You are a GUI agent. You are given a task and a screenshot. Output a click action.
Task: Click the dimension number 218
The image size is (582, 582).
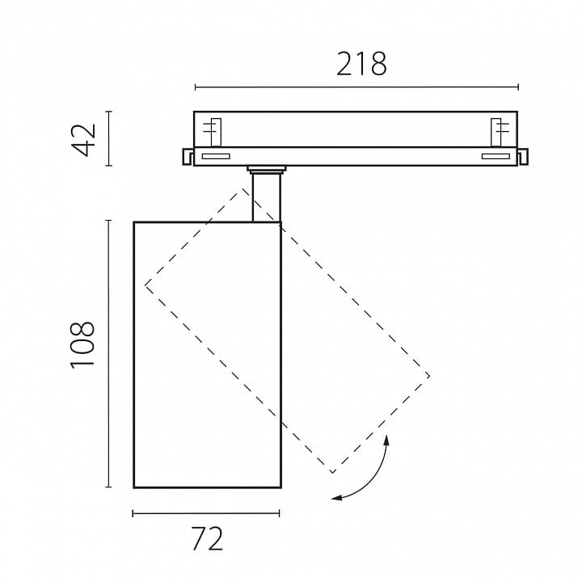pos(361,64)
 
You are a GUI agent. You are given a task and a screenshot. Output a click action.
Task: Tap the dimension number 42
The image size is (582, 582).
pos(84,140)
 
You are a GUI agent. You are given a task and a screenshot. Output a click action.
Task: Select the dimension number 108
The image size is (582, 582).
pos(82,345)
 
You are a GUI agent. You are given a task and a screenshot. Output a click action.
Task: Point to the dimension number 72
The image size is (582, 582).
pos(208,538)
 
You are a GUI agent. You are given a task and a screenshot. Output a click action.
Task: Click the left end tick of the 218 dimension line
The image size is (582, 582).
pos(196,87)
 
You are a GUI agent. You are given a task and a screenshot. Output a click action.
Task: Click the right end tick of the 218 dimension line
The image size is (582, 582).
pos(518,87)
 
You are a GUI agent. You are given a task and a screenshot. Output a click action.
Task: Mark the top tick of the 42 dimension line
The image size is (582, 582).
pos(109,112)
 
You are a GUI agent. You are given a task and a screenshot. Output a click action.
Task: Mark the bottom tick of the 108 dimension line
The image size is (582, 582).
pos(109,487)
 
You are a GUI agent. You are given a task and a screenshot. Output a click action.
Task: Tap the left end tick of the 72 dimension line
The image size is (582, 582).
pos(133,513)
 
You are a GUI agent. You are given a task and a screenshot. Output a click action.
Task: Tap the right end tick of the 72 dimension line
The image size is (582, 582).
pos(279,513)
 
